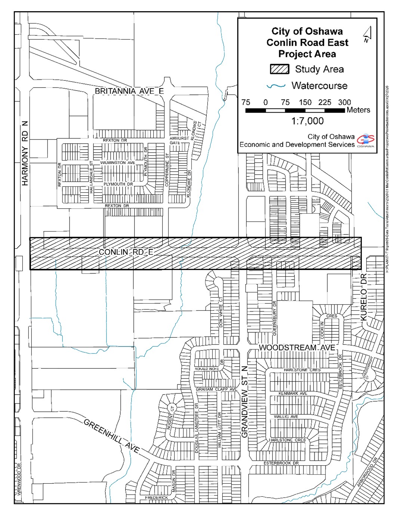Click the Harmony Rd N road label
25,154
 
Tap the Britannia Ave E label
129,91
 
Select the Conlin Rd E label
126,252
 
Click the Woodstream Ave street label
297,347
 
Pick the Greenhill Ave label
111,436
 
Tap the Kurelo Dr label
364,297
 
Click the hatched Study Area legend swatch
280,69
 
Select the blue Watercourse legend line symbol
276,86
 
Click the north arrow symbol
367,34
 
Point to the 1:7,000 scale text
308,121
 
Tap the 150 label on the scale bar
305,102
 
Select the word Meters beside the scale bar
358,110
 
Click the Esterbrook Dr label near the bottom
281,463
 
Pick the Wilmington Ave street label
117,163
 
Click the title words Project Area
307,54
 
